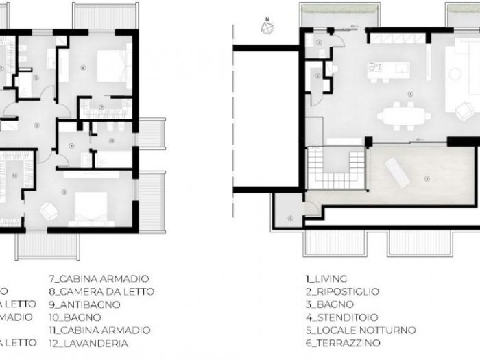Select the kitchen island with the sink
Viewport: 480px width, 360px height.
[x=388, y=69]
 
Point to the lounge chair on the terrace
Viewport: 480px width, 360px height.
[x=397, y=169]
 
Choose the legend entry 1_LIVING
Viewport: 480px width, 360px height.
[x=326, y=279]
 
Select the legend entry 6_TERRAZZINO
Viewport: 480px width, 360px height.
[x=343, y=343]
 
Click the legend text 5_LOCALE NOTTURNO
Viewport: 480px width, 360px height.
[x=361, y=330]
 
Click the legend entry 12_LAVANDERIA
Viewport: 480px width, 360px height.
[x=88, y=343]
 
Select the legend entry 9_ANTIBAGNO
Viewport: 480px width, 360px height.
[x=84, y=304]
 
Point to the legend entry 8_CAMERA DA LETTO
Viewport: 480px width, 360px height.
[x=101, y=291]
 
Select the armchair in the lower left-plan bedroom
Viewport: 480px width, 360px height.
[x=49, y=211]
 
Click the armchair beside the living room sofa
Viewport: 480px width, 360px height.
[x=465, y=110]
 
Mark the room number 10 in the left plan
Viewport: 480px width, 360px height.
[x=111, y=140]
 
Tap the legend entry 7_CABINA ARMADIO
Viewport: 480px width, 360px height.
[x=99, y=279]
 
